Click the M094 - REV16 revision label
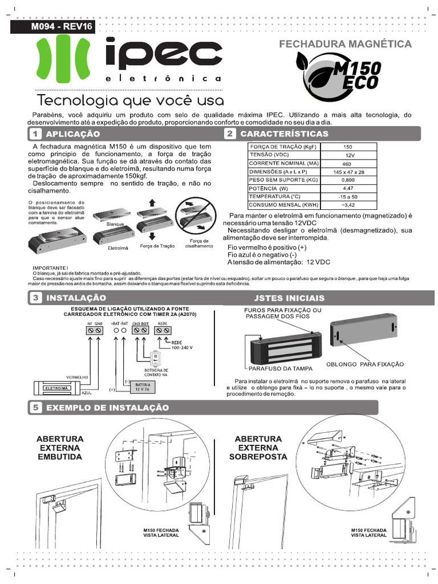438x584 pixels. pyautogui.click(x=55, y=27)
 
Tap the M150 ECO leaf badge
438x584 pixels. pyautogui.click(x=339, y=75)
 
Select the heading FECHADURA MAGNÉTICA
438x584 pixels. pyautogui.click(x=344, y=44)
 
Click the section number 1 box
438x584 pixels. pyautogui.click(x=35, y=134)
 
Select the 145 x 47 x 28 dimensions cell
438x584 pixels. pyautogui.click(x=348, y=172)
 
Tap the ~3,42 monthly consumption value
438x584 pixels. pyautogui.click(x=348, y=204)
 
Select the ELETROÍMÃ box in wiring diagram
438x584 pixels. pyautogui.click(x=56, y=388)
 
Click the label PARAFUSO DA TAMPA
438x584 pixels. pyautogui.click(x=276, y=368)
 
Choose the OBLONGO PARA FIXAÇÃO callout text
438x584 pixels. pyautogui.click(x=364, y=363)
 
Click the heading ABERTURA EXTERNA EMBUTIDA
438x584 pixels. pyautogui.click(x=60, y=448)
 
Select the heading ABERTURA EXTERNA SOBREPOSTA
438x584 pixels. pyautogui.click(x=258, y=448)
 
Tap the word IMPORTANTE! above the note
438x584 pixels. pyautogui.click(x=51, y=268)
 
